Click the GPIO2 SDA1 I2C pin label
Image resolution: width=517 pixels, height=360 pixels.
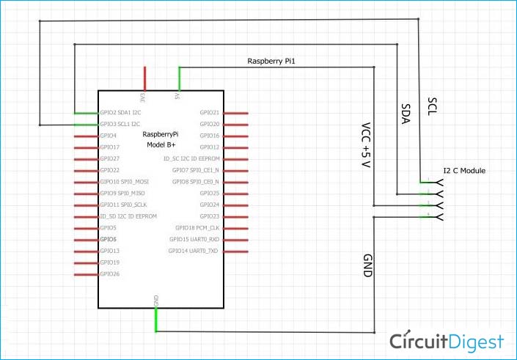click(x=120, y=113)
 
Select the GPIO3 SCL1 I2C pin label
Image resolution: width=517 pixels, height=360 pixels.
click(x=120, y=125)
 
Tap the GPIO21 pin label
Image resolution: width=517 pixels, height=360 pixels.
click(x=209, y=113)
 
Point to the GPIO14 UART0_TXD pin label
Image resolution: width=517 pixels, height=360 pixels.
click(x=194, y=251)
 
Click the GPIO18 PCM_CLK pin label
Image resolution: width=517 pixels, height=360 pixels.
click(x=197, y=228)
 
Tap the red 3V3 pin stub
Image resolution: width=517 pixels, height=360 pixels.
click(x=144, y=78)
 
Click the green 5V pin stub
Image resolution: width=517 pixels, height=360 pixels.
click(x=179, y=78)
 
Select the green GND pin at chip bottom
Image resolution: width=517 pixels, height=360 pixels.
click(x=155, y=320)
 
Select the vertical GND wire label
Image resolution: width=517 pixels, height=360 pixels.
click(x=367, y=265)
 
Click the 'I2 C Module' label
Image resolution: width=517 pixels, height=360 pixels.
click(x=464, y=171)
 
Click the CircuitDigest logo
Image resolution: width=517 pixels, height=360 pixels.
click(x=447, y=342)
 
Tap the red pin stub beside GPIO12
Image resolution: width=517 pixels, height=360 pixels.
click(x=235, y=147)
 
